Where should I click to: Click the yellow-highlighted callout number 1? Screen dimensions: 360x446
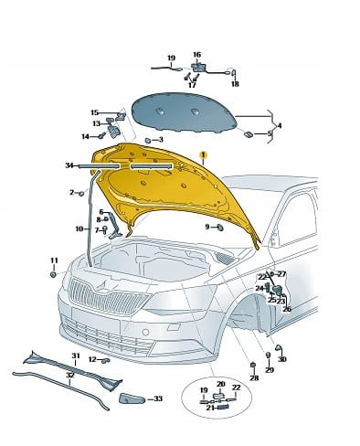pos(203,155)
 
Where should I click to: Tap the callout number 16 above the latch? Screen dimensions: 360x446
pos(197,55)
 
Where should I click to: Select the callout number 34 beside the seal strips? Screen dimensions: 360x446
pos(69,165)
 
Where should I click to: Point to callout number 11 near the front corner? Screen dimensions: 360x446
pos(54,260)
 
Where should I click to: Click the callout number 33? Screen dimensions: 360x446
pos(158,398)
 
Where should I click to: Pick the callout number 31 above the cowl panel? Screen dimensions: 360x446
pos(76,356)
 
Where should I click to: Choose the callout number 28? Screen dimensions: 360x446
pos(254,377)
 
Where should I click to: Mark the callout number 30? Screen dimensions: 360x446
pos(282,359)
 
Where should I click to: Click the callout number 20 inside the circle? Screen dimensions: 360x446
pos(221,384)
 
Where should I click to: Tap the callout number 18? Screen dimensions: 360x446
pos(235,84)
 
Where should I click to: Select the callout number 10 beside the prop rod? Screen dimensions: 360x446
pos(79,228)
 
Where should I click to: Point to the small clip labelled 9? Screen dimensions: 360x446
pos(220,228)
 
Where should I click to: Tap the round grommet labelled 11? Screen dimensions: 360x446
pos(53,274)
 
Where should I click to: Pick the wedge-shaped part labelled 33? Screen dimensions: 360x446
pos(132,398)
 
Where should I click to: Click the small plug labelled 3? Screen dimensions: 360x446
pos(148,140)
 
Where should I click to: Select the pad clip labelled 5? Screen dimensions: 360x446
pos(249,134)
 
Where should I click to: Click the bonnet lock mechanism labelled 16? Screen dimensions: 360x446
pos(198,67)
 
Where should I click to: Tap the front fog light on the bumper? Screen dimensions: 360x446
pos(145,332)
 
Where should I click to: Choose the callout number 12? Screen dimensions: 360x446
pos(92,359)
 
